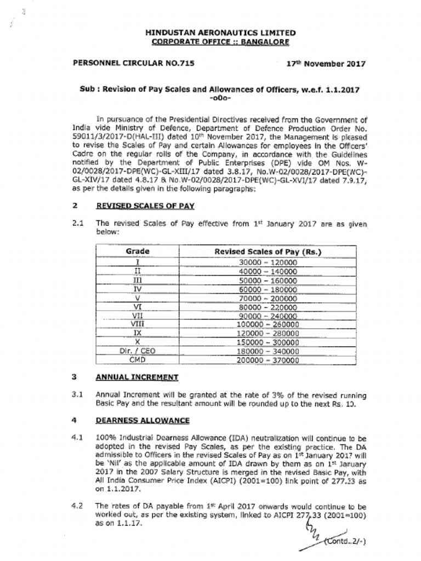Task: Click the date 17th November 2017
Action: pos(326,64)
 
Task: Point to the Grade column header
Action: pos(138,251)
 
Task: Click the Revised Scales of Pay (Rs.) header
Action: pos(268,252)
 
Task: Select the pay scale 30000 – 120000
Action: pos(268,262)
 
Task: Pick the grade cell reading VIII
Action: pos(138,324)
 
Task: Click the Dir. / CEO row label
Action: pos(138,351)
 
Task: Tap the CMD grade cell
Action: pos(138,360)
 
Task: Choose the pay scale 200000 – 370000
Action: pos(268,360)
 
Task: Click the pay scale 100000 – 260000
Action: pos(268,324)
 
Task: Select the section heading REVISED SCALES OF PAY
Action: pos(145,206)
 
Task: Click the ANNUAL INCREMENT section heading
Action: pos(137,377)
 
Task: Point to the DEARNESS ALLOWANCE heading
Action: pos(143,420)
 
